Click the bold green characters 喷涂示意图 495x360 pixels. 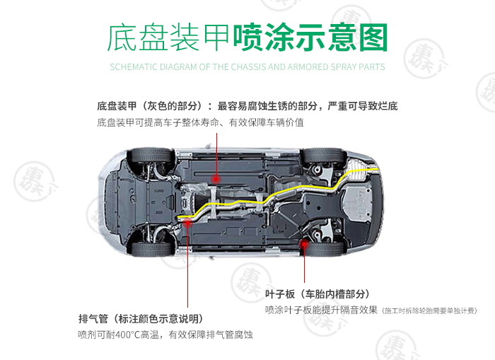(x=310, y=37)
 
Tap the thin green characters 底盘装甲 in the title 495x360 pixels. (x=168, y=38)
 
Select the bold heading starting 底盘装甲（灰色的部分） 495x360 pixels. (x=248, y=106)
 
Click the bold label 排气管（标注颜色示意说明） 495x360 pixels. (x=141, y=318)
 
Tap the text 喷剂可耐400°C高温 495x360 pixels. (x=118, y=335)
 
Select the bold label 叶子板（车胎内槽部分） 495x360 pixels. (x=317, y=294)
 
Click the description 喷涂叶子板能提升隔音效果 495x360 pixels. (x=321, y=310)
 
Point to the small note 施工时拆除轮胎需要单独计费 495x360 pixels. (x=429, y=311)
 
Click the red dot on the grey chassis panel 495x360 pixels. (x=216, y=179)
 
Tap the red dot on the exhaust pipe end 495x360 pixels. (x=187, y=223)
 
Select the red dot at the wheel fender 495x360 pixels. (x=304, y=244)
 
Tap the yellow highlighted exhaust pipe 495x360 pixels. (x=266, y=198)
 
